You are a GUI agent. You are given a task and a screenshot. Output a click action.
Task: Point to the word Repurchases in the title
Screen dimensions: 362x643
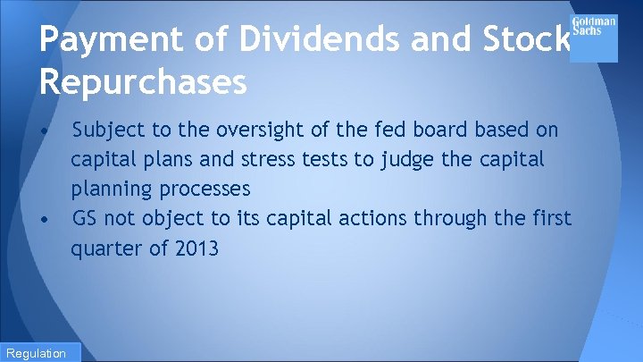point(143,82)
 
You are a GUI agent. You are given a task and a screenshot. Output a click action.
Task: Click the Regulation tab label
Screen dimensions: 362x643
point(35,353)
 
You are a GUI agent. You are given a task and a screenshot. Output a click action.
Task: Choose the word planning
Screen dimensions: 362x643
point(113,189)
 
